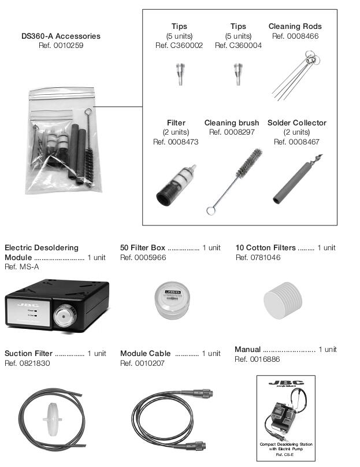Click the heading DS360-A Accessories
pyautogui.click(x=61, y=36)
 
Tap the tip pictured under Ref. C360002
pyautogui.click(x=179, y=73)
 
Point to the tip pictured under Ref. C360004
pyautogui.click(x=237, y=73)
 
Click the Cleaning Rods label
pyautogui.click(x=295, y=26)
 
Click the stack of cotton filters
pyautogui.click(x=287, y=299)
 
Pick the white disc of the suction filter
pyautogui.click(x=50, y=416)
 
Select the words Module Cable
pyautogui.click(x=145, y=353)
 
